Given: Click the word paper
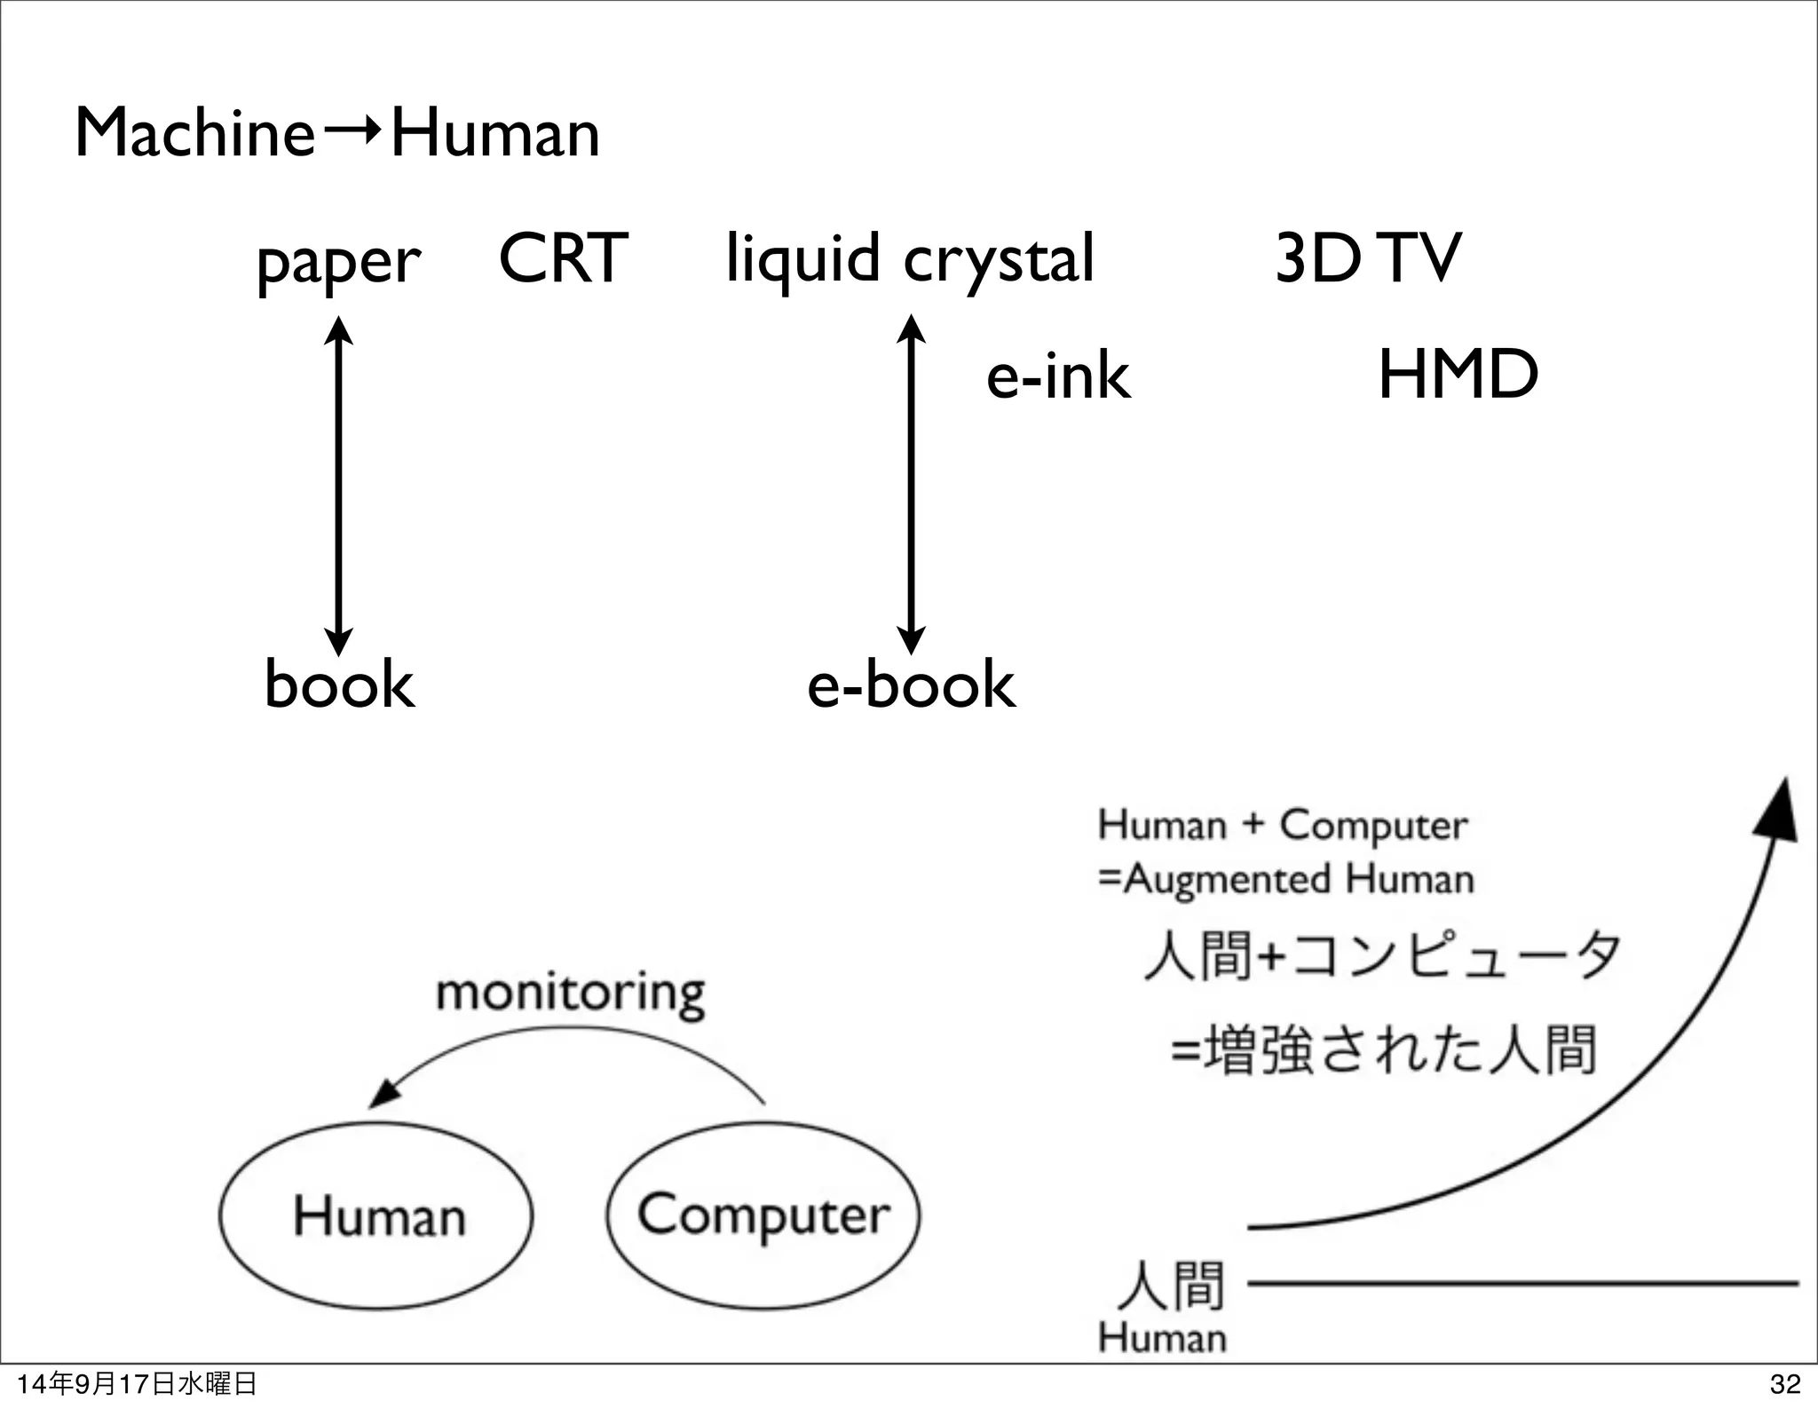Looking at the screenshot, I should tap(337, 262).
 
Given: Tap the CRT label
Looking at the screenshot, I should tap(563, 258).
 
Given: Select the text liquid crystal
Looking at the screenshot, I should tap(910, 258).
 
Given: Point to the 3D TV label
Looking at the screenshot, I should tap(1367, 258).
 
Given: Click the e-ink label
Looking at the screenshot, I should tap(1058, 376).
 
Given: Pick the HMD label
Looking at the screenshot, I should tap(1458, 375).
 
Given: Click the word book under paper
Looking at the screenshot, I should tap(339, 685).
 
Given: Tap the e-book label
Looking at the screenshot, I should tap(911, 685).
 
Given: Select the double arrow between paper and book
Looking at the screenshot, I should tap(338, 486).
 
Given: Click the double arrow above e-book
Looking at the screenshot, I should tap(911, 484).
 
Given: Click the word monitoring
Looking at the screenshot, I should tap(570, 993).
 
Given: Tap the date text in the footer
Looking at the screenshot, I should tap(137, 1383).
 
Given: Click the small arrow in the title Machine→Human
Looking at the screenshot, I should tap(352, 133).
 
